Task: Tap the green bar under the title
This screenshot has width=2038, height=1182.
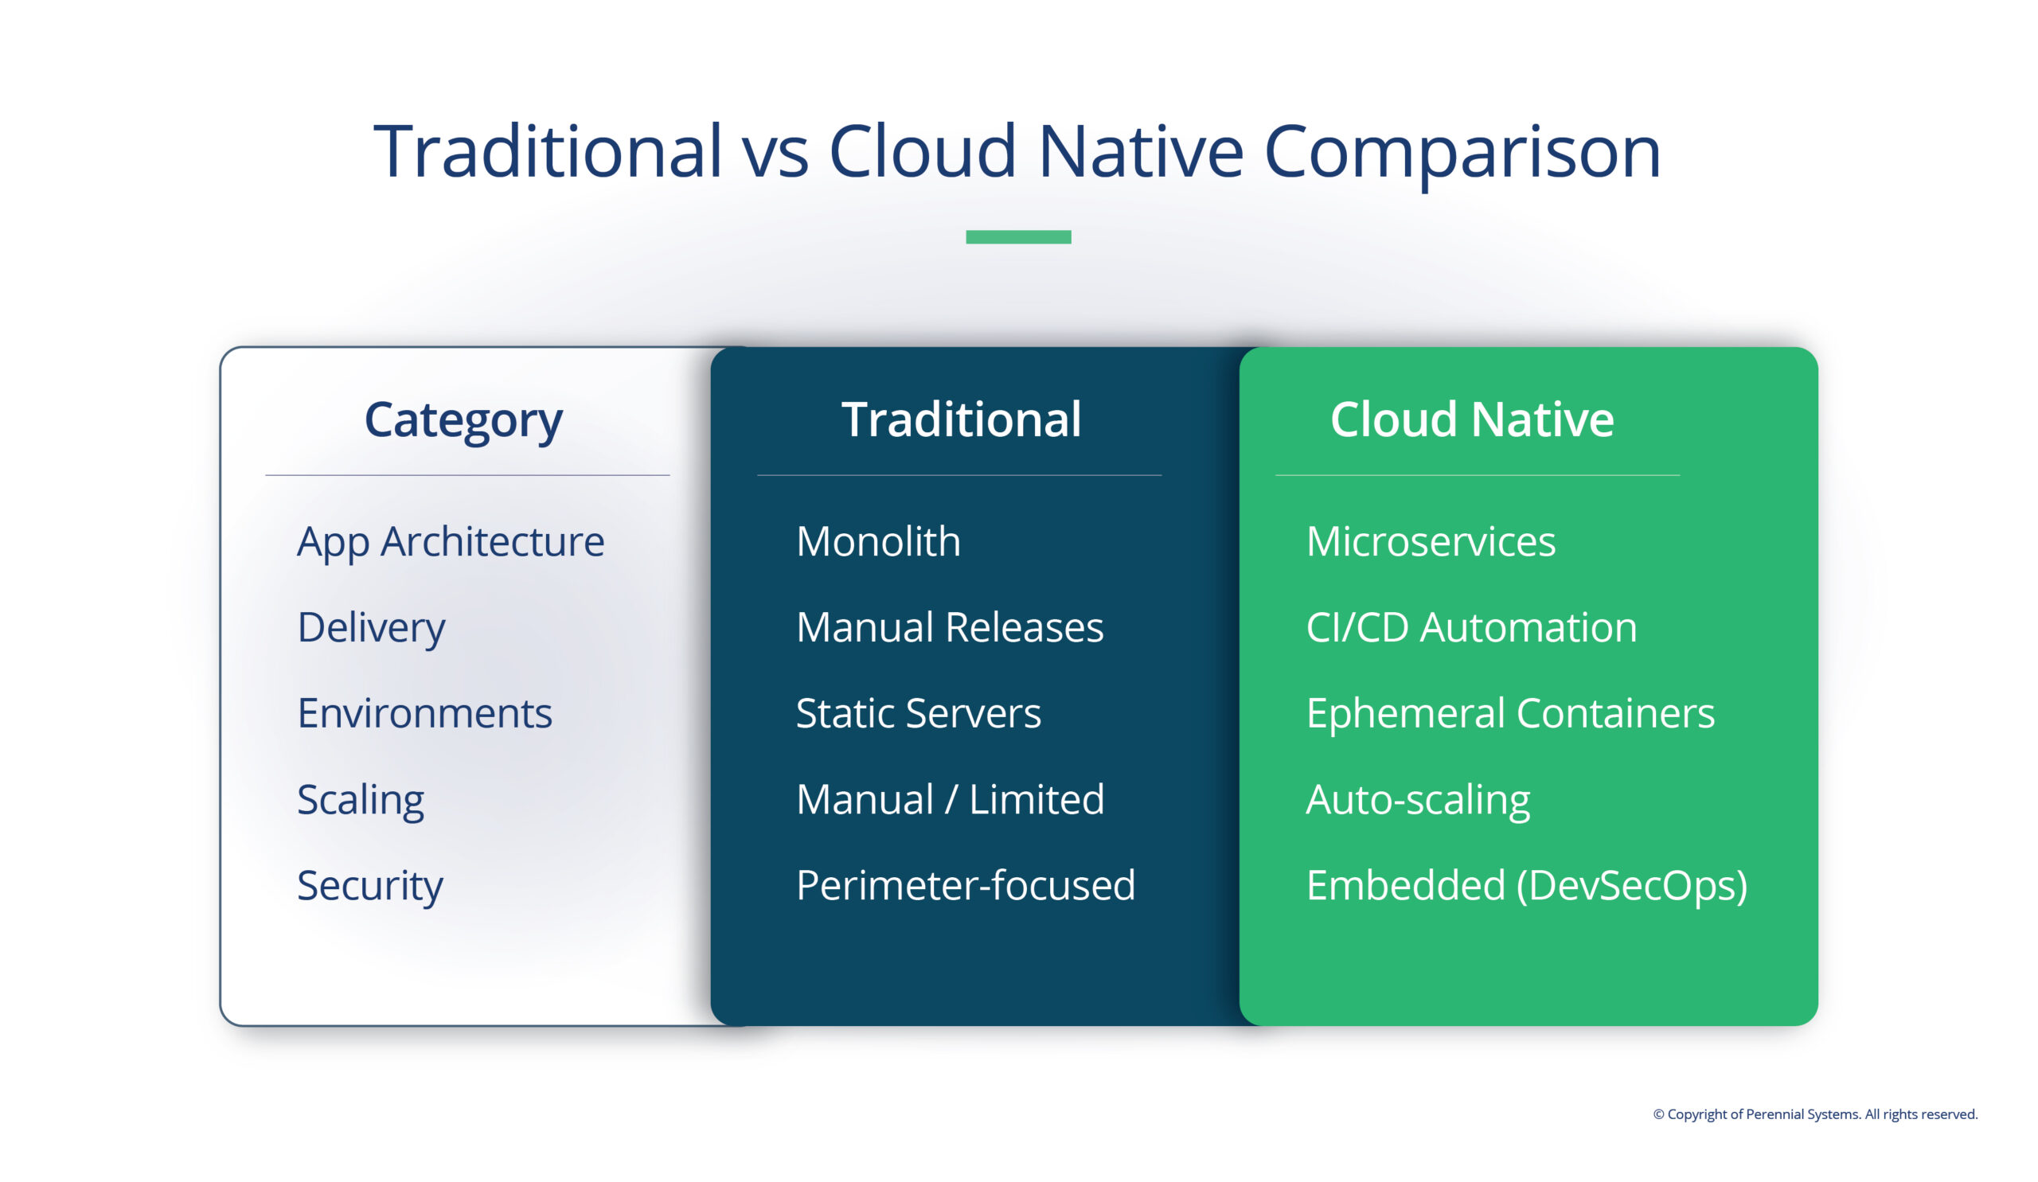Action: click(1018, 237)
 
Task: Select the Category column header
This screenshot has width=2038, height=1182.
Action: click(463, 419)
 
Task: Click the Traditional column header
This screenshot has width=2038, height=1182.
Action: click(961, 419)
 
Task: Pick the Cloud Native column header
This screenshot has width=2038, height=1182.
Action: click(1472, 419)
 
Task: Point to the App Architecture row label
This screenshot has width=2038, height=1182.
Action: click(451, 542)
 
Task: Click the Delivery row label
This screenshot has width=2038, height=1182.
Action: click(371, 627)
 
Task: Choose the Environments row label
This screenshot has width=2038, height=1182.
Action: click(424, 713)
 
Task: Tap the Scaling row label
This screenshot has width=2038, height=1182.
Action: click(361, 800)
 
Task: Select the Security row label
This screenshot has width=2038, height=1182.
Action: click(369, 885)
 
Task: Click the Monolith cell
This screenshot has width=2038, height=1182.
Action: click(878, 542)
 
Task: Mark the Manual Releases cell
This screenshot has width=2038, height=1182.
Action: click(950, 627)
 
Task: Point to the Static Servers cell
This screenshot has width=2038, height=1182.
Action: click(918, 713)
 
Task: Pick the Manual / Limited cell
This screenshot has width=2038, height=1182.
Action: click(950, 800)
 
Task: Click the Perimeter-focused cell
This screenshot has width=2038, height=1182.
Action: click(966, 885)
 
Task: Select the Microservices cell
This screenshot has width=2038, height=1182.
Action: click(1431, 542)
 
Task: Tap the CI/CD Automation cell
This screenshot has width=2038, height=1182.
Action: click(1471, 627)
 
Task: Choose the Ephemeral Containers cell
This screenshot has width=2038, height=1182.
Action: click(1510, 713)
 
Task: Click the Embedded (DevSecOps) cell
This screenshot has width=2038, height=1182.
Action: click(1526, 885)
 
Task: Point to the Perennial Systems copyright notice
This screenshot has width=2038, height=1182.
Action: click(1815, 1114)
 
